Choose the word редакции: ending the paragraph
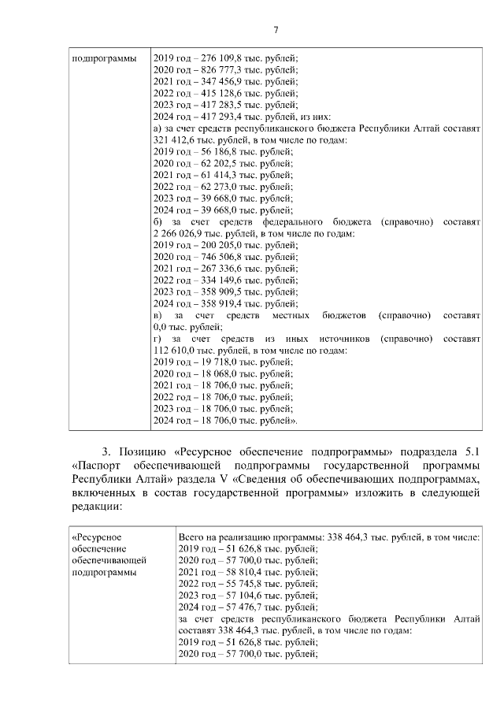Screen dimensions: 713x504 96,507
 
